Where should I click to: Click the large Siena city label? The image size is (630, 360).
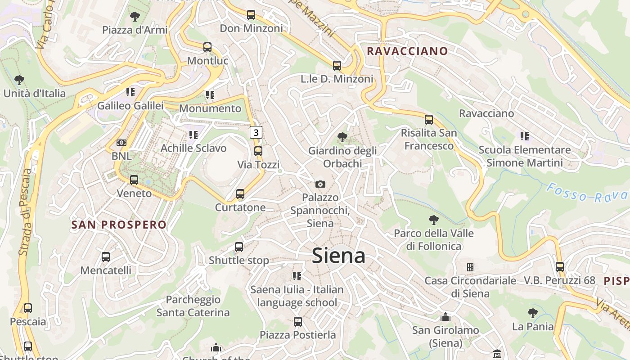338,256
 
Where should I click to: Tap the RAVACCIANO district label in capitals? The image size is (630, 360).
407,51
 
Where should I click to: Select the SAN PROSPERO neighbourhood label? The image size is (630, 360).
119,225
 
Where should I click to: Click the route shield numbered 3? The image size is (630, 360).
256,132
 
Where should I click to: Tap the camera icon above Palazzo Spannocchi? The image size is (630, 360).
320,184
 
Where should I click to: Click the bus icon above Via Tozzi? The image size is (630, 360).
258,151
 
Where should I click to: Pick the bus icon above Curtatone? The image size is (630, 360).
240,194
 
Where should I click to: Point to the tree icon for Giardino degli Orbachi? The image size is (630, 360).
342,137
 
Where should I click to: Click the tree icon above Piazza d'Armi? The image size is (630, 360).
134,17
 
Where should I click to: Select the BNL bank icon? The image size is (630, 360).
121,143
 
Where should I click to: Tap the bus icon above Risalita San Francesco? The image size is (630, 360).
429,120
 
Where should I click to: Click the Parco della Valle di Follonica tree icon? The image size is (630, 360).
434,220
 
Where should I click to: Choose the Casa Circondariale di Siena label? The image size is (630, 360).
470,287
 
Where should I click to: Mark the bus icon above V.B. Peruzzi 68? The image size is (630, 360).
559,266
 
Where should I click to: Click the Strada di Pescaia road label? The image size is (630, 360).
25,211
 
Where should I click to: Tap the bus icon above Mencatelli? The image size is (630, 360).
106,257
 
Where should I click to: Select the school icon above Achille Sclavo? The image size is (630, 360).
193,135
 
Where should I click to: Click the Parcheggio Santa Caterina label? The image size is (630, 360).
193,306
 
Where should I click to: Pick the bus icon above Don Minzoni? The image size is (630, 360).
251,15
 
